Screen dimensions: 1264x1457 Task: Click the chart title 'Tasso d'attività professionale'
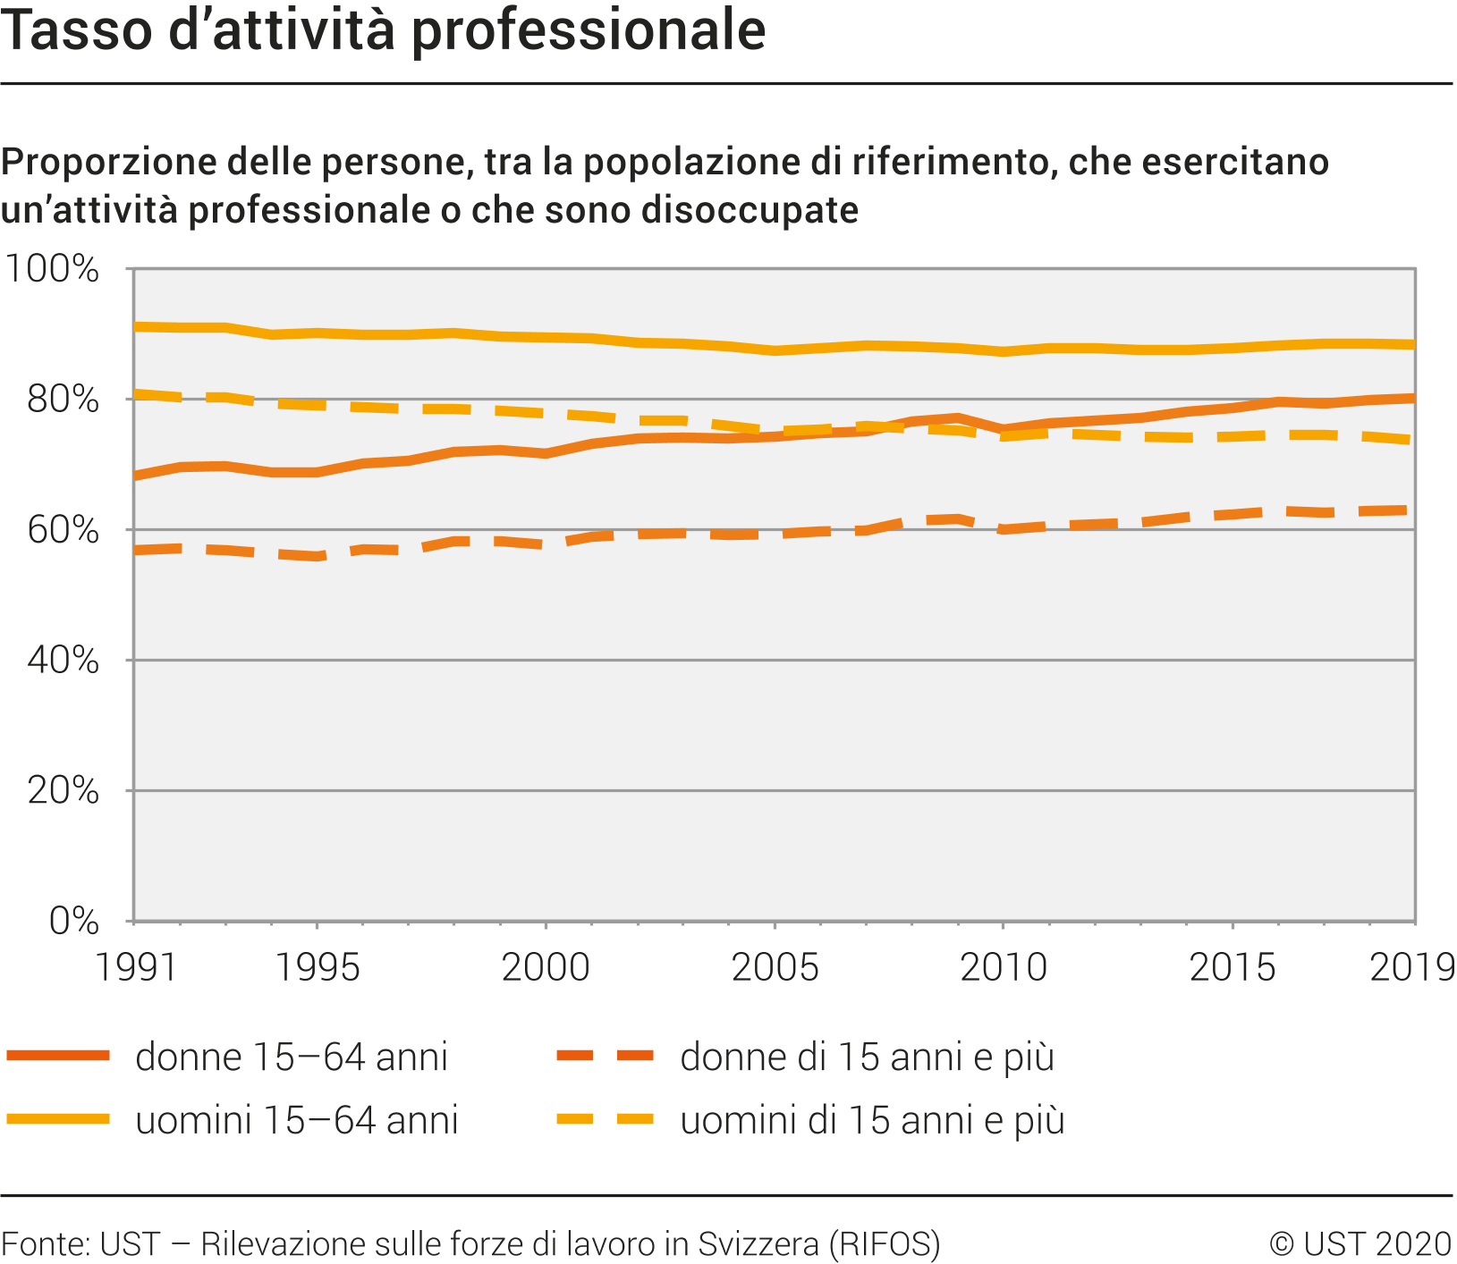tap(383, 30)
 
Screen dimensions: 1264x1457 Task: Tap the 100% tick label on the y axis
tap(52, 269)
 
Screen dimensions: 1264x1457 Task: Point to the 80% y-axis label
tap(63, 400)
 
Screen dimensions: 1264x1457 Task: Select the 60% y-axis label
tap(63, 530)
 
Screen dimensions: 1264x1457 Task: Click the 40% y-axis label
tap(63, 661)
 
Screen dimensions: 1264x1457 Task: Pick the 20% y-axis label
tap(63, 791)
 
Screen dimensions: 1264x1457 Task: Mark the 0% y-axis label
tap(73, 921)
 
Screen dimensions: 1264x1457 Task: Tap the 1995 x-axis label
tap(317, 967)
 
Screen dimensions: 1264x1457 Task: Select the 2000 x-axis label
tap(546, 967)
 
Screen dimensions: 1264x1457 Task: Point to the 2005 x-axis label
tap(775, 967)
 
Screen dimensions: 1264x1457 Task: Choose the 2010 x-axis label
tap(1004, 967)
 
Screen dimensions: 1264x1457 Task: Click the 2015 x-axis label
tap(1233, 967)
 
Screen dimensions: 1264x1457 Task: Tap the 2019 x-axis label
tap(1411, 967)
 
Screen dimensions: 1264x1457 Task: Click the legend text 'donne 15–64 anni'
tap(292, 1057)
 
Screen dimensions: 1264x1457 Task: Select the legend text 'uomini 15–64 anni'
tap(297, 1120)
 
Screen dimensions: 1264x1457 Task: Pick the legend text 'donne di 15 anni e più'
tap(867, 1057)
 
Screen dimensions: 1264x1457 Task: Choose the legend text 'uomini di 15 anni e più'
tap(872, 1120)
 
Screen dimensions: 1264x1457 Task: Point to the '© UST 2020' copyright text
tap(1360, 1243)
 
